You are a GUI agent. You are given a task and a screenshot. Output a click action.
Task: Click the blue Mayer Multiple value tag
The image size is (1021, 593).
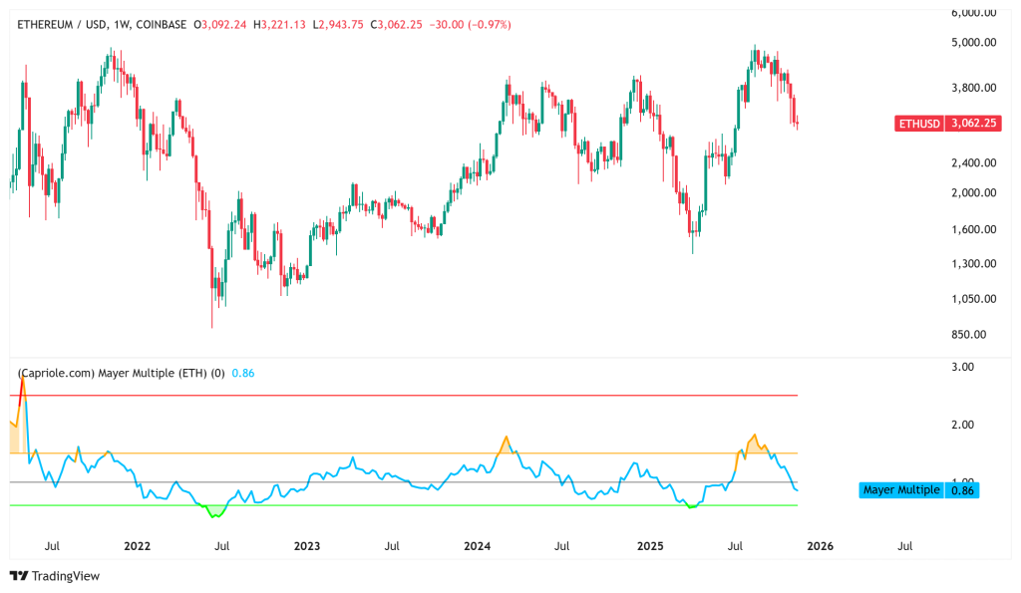point(917,490)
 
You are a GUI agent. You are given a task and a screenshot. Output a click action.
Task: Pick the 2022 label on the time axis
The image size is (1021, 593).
point(137,546)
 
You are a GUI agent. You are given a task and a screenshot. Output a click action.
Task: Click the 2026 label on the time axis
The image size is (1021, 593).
point(820,546)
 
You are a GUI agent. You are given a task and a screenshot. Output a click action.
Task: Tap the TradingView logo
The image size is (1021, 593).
point(55,576)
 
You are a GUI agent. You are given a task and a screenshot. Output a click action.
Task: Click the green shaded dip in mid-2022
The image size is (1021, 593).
point(213,511)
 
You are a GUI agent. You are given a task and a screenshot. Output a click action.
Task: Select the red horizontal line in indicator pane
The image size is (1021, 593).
point(399,396)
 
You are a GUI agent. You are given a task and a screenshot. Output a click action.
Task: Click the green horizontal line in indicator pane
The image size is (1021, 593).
point(399,505)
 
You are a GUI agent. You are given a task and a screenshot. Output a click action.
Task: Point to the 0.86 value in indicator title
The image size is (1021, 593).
point(242,373)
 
